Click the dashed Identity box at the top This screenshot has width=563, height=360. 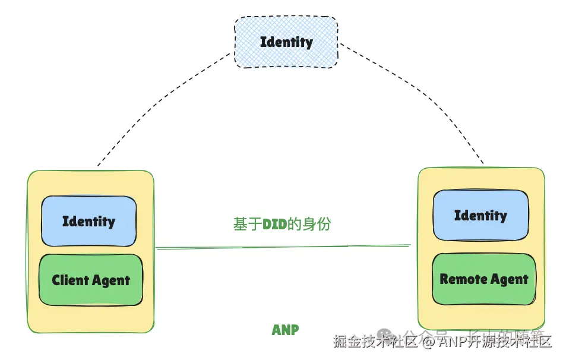click(286, 42)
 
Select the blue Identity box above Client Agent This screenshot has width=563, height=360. click(88, 221)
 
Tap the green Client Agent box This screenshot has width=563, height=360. click(90, 280)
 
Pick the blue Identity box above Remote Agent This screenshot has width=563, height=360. click(480, 215)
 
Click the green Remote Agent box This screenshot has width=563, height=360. click(483, 279)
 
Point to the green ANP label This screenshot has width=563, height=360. click(285, 330)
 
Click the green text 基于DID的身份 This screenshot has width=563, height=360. click(282, 224)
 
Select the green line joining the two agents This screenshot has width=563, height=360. click(284, 247)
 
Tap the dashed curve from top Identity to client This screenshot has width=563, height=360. click(160, 101)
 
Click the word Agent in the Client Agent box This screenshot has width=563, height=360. click(112, 280)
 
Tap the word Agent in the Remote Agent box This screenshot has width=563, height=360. click(509, 279)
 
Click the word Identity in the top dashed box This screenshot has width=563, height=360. click(286, 42)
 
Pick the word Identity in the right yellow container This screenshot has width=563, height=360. click(480, 215)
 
